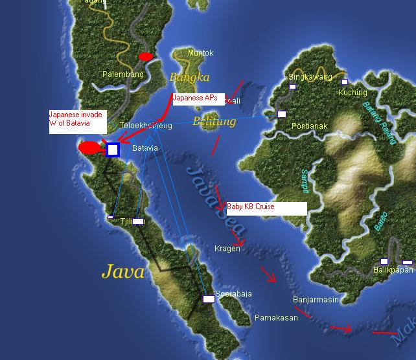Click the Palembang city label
(123, 74)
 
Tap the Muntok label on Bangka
(200, 53)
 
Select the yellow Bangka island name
(189, 78)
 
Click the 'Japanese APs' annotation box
(198, 98)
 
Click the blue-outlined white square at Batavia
(112, 150)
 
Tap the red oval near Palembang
(146, 57)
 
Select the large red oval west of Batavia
(90, 148)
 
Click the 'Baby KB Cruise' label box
(266, 208)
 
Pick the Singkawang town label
(310, 77)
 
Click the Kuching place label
(352, 92)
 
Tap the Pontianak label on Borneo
(309, 126)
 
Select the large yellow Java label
(122, 271)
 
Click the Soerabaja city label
(233, 294)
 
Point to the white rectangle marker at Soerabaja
(208, 299)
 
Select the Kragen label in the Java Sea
(227, 249)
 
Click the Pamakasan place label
(276, 318)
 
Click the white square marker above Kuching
(345, 82)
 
